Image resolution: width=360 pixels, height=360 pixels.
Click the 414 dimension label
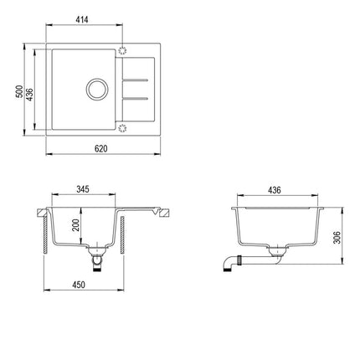point(82,19)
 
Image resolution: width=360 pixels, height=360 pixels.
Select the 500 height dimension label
point(19,91)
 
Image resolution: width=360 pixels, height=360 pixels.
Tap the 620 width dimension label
point(100,149)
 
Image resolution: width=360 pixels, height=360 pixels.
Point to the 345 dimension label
point(83,189)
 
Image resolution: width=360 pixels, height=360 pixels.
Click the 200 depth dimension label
point(75,225)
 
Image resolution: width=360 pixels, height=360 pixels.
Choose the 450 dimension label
point(79,285)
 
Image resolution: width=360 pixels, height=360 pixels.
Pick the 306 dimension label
point(337,238)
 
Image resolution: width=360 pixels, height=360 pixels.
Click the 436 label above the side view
point(275,190)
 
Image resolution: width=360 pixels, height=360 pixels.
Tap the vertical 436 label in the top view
point(29,95)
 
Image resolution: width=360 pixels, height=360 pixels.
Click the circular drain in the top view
point(96,89)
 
